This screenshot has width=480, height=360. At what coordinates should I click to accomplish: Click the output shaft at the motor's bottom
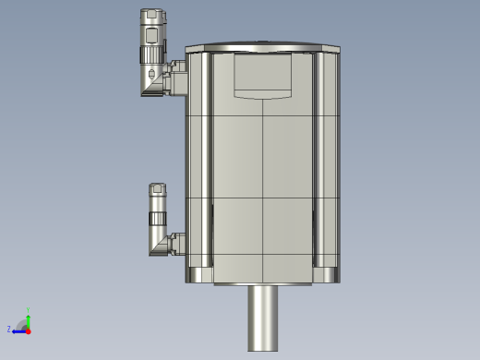pyautogui.click(x=264, y=318)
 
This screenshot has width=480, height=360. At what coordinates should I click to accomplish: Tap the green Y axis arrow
pyautogui.click(x=28, y=319)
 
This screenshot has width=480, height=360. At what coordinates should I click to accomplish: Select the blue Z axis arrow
pyautogui.click(x=18, y=329)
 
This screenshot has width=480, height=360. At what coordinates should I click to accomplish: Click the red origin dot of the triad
pyautogui.click(x=28, y=330)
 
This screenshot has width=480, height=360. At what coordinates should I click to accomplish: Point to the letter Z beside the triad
pyautogui.click(x=9, y=329)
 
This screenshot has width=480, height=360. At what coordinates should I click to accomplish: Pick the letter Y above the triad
pyautogui.click(x=29, y=310)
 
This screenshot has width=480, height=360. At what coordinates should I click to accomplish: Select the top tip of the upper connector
pyautogui.click(x=152, y=13)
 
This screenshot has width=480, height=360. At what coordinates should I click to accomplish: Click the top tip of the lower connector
pyautogui.click(x=158, y=186)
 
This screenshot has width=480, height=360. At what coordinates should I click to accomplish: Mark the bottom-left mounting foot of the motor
pyautogui.click(x=200, y=274)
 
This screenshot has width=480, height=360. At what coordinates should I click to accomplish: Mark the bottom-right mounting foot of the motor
pyautogui.click(x=329, y=274)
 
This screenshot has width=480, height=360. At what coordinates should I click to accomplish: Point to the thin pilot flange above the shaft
pyautogui.click(x=264, y=284)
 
